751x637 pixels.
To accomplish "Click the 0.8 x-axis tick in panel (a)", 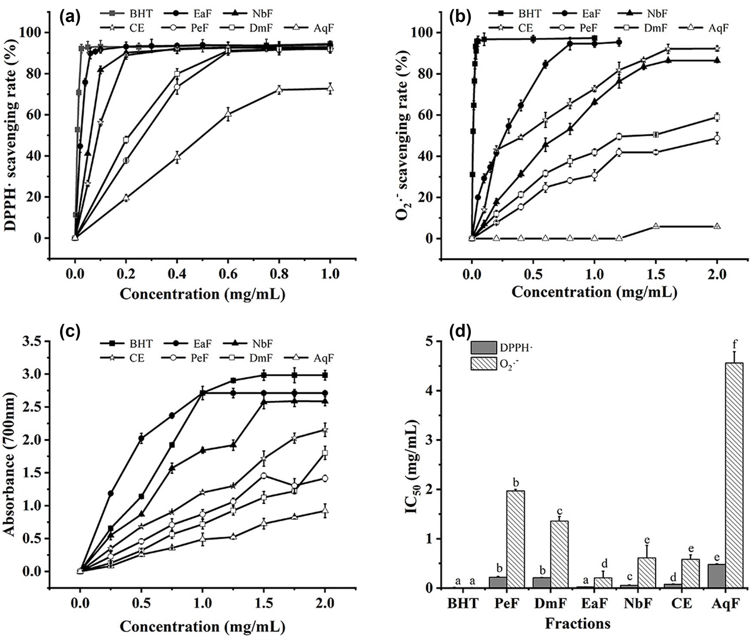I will coord(279,274).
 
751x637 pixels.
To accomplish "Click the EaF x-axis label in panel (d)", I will coord(595,603).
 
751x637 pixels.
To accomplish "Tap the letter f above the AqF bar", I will coord(735,344).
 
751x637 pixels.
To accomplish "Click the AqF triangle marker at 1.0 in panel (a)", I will coord(330,89).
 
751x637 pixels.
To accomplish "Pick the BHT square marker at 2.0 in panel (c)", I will coord(325,375).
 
